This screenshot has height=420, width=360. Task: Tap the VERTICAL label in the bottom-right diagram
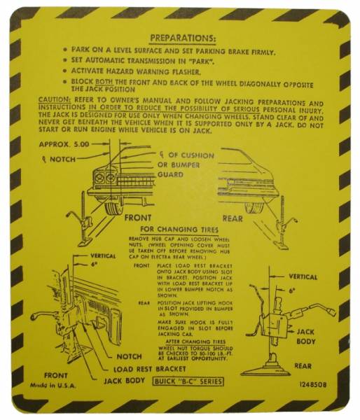(303, 276)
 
